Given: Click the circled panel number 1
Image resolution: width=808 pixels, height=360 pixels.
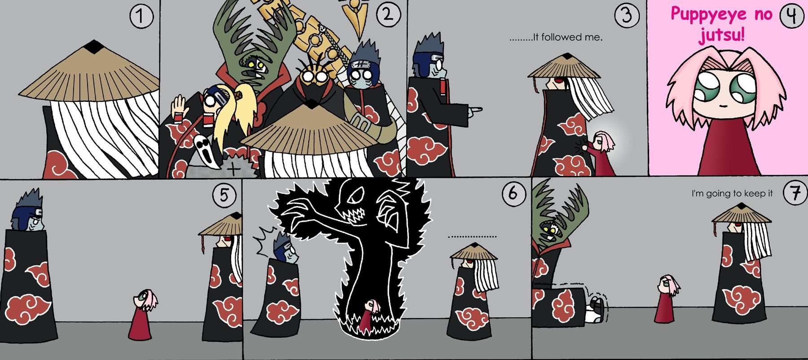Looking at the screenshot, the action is coord(141,17).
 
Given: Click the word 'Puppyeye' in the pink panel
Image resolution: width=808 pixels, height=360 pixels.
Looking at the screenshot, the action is coord(710,14).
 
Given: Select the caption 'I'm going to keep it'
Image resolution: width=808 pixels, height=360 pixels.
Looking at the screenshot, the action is coord(732,193).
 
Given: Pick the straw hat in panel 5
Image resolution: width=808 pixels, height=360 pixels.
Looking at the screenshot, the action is coord(220,225).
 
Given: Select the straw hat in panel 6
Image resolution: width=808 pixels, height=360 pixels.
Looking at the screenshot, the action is coord(474,252).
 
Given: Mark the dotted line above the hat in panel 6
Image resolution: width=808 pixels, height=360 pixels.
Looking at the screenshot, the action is coord(472,236).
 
